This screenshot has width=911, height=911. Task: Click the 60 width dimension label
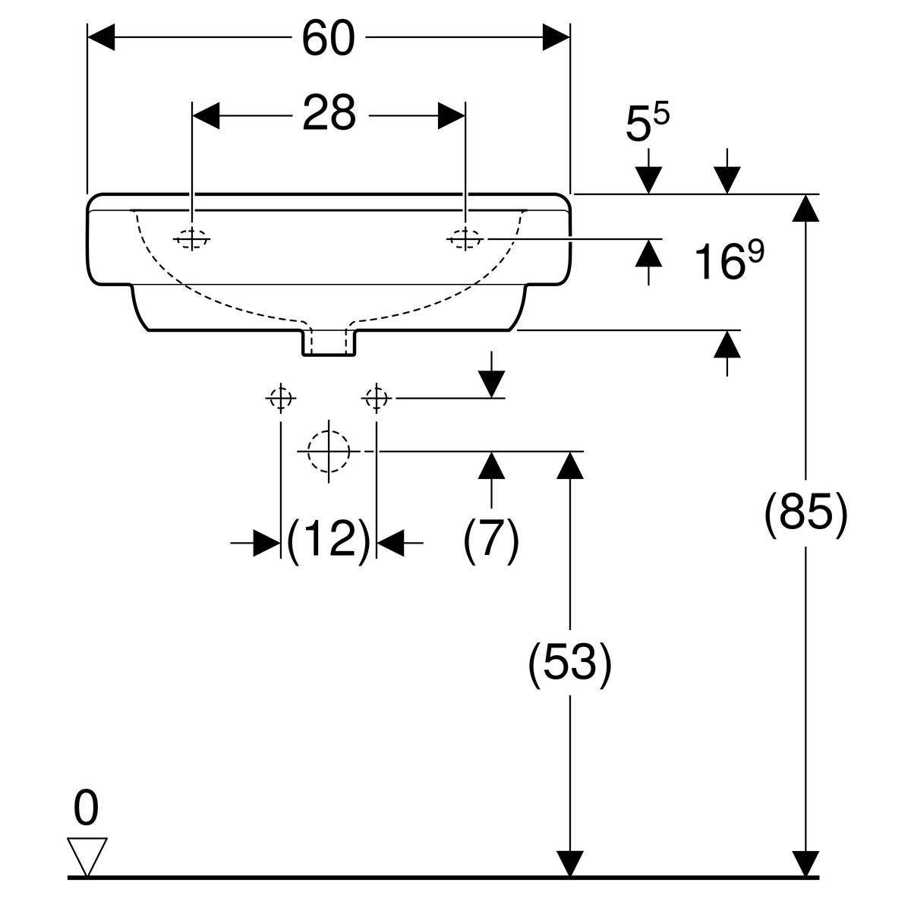[328, 38]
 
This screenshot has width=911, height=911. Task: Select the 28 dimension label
[329, 114]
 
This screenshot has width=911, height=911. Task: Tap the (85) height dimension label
[805, 515]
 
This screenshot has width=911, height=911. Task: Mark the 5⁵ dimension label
[648, 123]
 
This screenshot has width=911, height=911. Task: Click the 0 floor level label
[86, 809]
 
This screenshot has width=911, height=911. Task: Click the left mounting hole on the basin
[191, 238]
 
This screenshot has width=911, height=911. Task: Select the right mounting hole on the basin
[465, 238]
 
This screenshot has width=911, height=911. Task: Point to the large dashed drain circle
[329, 451]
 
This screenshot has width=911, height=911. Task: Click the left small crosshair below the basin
[281, 397]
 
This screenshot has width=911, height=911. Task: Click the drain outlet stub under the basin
[329, 342]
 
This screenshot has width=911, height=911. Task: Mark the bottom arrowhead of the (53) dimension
[570, 864]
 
